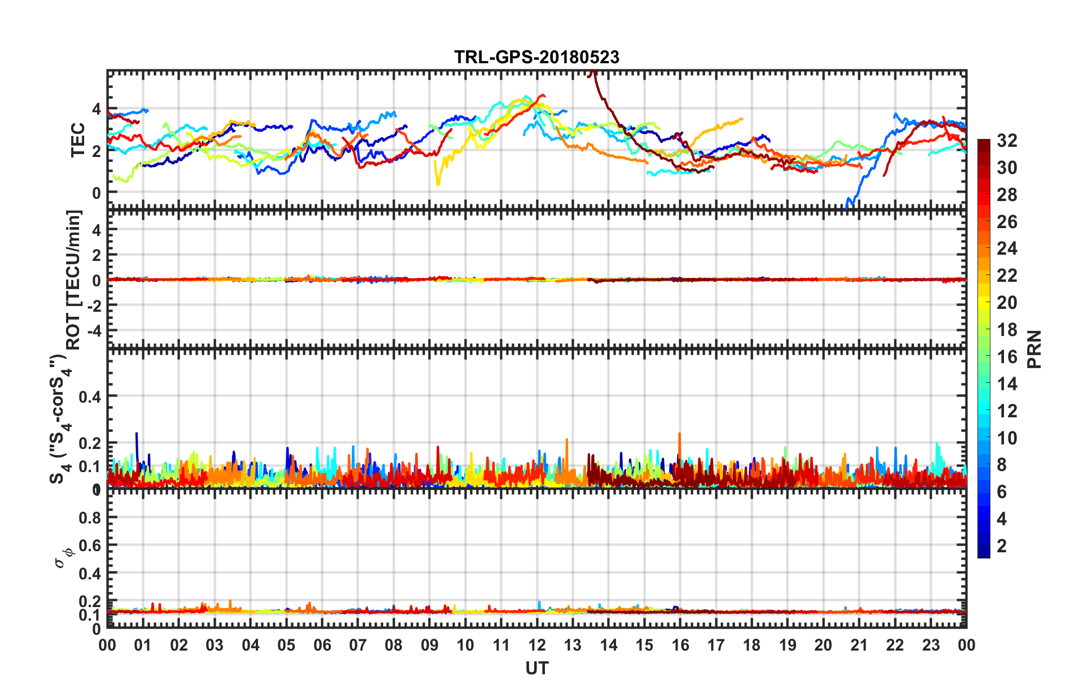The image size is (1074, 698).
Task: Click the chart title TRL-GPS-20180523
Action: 536,57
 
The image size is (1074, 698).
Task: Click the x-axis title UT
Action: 536,669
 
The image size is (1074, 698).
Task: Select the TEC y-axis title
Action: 77,140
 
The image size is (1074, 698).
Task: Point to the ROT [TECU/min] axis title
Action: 74,280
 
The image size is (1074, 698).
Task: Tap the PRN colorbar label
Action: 1034,349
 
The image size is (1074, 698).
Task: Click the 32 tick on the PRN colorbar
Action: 1007,141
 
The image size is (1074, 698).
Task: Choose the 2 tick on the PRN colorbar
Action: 1002,546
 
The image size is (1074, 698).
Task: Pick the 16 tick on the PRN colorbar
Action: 1007,357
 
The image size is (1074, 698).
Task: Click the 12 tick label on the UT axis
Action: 537,645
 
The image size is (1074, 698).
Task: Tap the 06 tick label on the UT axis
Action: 322,645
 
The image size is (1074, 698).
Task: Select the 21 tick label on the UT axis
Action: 859,645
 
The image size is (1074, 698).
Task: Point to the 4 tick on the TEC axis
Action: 97,108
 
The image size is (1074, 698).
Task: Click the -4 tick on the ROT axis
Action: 93,330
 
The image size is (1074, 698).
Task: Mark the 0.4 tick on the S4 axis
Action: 90,397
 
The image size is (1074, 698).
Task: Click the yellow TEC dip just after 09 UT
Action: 438,182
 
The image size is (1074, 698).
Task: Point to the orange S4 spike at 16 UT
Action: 679,436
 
